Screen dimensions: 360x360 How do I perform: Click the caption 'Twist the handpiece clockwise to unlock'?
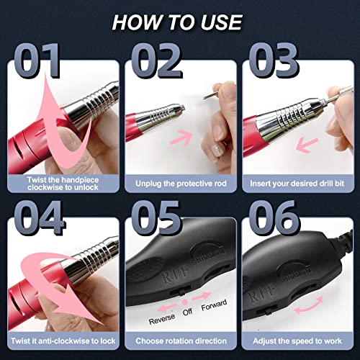pos(63,183)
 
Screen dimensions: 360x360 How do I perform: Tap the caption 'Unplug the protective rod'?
pos(179,184)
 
